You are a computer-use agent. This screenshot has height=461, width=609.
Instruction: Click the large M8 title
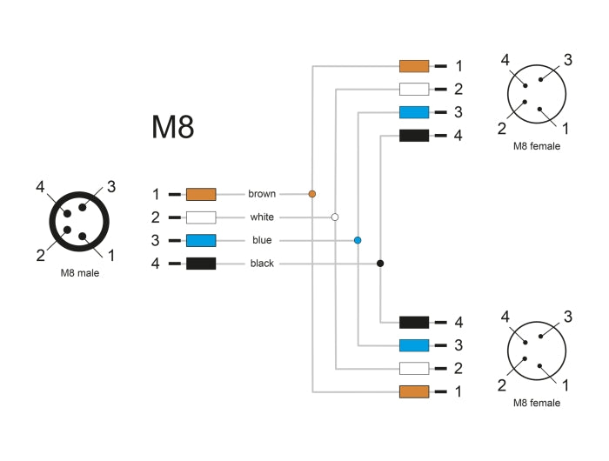[172, 127]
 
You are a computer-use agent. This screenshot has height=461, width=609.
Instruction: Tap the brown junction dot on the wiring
[312, 193]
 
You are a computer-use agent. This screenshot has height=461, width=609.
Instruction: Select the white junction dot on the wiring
[335, 217]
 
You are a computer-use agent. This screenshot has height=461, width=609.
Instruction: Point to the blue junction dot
[358, 239]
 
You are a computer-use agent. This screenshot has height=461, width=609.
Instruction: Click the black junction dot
[380, 263]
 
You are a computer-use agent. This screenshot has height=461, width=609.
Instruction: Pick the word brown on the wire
[261, 194]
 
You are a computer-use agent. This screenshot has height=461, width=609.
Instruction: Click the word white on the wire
[262, 217]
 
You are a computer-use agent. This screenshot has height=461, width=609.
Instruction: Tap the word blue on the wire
[262, 240]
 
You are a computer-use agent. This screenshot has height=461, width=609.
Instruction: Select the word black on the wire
[262, 263]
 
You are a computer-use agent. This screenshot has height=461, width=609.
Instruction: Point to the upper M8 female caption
[537, 146]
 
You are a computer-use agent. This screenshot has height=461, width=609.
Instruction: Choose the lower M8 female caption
[537, 403]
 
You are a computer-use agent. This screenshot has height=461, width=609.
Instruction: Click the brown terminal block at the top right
[414, 65]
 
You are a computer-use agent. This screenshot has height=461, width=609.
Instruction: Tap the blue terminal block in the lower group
[414, 344]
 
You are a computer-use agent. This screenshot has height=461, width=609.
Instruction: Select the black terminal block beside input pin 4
[201, 263]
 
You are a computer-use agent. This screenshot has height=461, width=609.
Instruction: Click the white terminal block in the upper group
[414, 89]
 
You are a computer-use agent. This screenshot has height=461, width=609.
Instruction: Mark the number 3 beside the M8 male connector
[111, 185]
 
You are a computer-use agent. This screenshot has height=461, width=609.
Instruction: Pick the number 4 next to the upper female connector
[505, 60]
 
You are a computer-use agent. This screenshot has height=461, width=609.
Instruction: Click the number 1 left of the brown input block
[156, 194]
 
